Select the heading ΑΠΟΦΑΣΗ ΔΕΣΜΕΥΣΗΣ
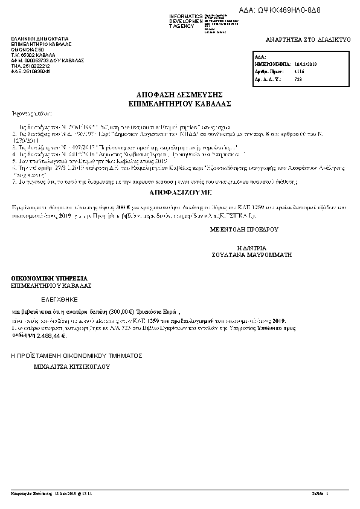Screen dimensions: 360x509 (x=180, y=95)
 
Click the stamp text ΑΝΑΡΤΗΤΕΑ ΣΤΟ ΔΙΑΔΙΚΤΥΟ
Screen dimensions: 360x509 (x=308, y=39)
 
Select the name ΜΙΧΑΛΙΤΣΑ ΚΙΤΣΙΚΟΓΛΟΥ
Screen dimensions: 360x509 (x=71, y=366)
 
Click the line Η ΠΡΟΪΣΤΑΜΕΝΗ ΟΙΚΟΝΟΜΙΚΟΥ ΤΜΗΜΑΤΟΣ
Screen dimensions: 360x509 (x=76, y=357)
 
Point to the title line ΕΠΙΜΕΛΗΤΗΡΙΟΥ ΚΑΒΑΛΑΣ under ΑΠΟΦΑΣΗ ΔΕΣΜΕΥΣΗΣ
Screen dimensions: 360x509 (x=180, y=103)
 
